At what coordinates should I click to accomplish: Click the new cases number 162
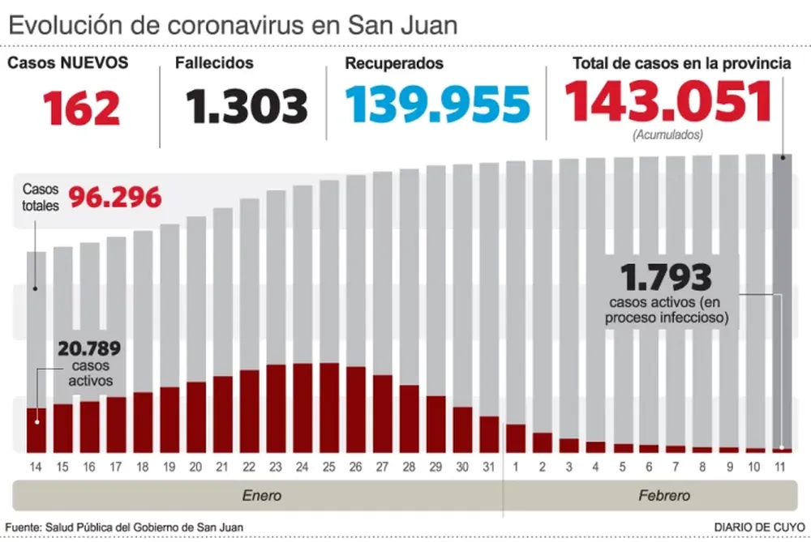(82, 108)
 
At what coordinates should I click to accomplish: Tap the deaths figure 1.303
(247, 106)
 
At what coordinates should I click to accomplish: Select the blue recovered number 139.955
(437, 105)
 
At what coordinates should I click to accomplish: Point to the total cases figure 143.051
(668, 103)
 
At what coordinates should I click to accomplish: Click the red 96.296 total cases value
(114, 197)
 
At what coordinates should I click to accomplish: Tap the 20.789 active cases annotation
(89, 349)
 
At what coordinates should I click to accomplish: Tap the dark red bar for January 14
(36, 430)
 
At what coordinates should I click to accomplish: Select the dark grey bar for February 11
(783, 300)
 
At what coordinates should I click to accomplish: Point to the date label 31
(489, 468)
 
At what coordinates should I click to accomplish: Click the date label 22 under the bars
(249, 468)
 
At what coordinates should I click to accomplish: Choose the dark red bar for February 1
(516, 438)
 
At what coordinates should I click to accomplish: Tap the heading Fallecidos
(214, 63)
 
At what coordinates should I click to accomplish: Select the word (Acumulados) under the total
(667, 135)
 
